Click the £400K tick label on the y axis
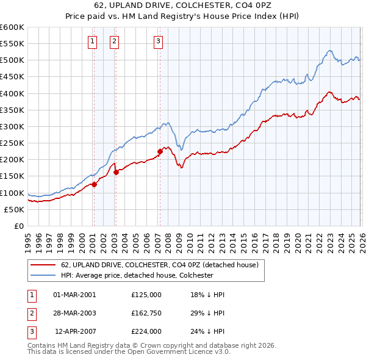coord(12,93)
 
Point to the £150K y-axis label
coord(12,176)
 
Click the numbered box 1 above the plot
coord(92,41)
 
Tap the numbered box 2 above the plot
coord(114,41)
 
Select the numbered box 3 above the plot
coord(158,41)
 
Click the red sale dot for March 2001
coord(94,184)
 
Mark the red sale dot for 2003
coord(116,172)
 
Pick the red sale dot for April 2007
coord(160,151)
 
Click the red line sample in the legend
coord(43,265)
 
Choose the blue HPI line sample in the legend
coord(43,275)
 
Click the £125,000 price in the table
coord(146,294)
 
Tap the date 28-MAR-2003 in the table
coord(75,313)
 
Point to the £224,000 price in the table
coord(146,332)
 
